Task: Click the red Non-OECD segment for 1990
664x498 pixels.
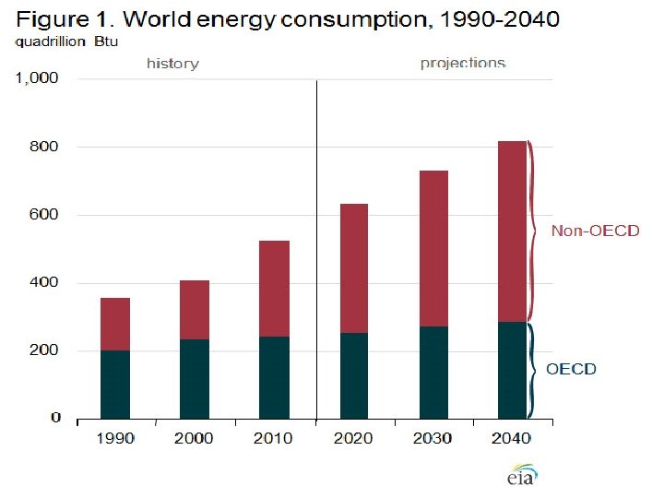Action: tap(115, 325)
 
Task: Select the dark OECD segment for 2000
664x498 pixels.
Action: tap(195, 378)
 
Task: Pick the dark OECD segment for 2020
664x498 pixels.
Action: tap(353, 374)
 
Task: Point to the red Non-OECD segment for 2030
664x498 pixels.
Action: tap(433, 249)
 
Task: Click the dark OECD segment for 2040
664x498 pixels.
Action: tap(512, 369)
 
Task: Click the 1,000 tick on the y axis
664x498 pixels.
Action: tap(40, 78)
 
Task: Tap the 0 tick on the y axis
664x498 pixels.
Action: tap(55, 418)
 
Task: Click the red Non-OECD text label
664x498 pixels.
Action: tap(595, 231)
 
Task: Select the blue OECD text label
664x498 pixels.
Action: tap(571, 369)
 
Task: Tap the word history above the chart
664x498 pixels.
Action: tap(172, 64)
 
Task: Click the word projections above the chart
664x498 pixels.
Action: tap(463, 64)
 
